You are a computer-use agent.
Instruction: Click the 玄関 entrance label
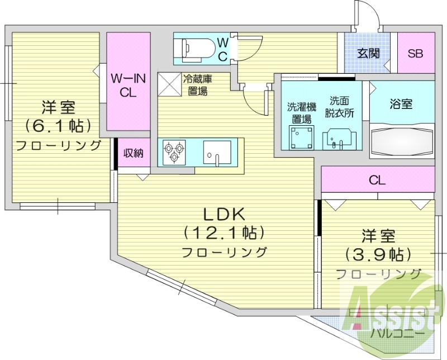point(369,54)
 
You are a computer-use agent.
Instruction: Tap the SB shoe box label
point(415,54)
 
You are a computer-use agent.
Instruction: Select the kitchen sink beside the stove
point(217,152)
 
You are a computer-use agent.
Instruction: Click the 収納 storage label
point(134,153)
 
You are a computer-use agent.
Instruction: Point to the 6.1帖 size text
point(58,125)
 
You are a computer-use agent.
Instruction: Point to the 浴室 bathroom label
point(401,104)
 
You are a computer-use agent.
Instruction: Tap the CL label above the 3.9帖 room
point(378,180)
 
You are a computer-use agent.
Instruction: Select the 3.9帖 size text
point(378,255)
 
